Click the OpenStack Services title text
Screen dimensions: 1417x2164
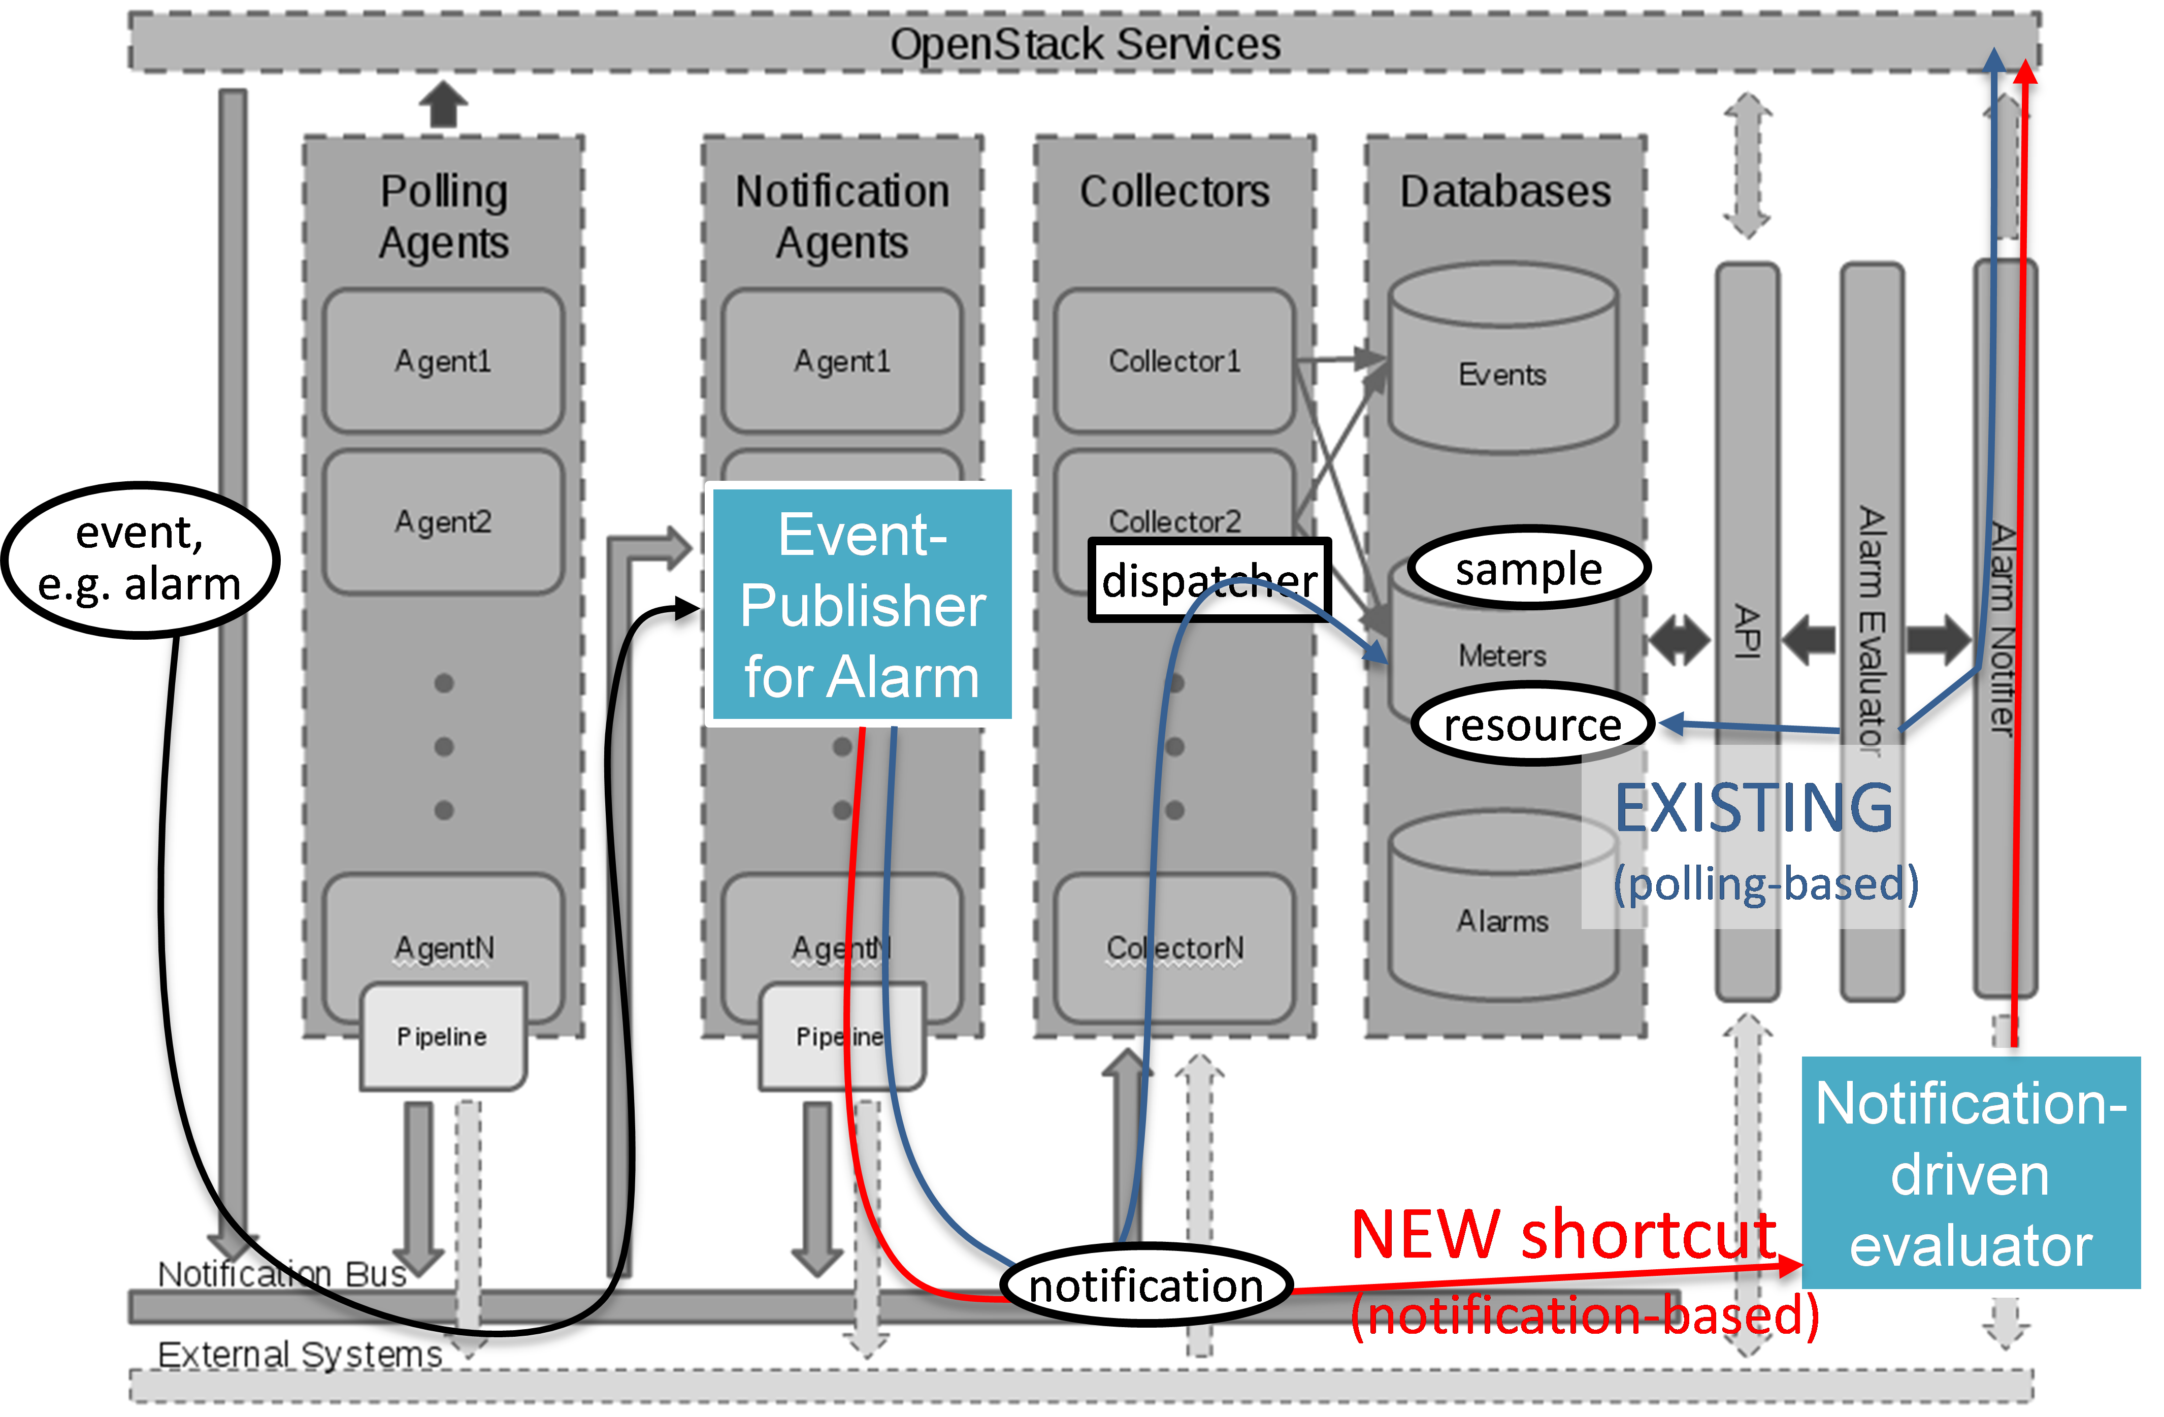click(x=1085, y=44)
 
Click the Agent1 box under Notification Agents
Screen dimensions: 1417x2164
click(x=842, y=361)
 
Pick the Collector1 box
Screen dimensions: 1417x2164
click(x=1174, y=361)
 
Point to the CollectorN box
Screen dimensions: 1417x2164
click(x=1174, y=948)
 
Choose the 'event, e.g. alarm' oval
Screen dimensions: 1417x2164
click(x=141, y=559)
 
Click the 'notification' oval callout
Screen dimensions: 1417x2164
click(x=1145, y=1285)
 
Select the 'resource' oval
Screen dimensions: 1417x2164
click(x=1533, y=724)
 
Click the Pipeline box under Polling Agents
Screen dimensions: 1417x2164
click(x=443, y=1036)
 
